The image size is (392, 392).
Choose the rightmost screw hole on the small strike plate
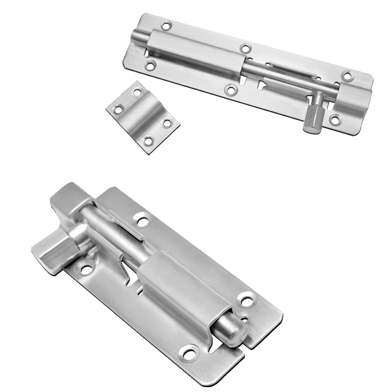click(x=168, y=123)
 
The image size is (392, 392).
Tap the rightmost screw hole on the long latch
click(x=346, y=75)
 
